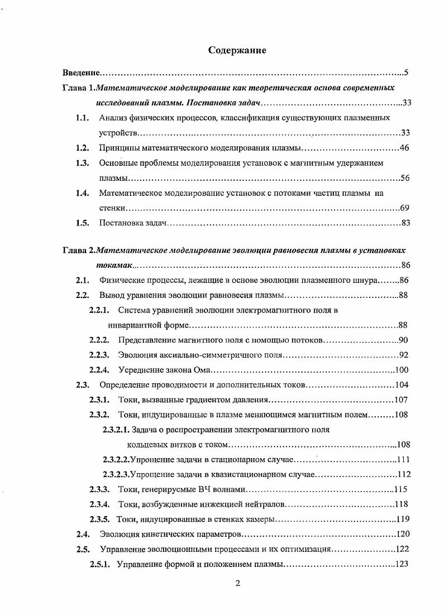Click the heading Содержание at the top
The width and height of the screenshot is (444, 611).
(237, 51)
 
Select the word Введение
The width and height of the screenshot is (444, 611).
(80, 73)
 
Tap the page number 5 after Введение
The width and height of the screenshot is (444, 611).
(407, 73)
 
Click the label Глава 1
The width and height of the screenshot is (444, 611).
(78, 88)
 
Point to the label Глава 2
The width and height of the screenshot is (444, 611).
(78, 251)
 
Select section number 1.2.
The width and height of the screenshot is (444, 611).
(83, 148)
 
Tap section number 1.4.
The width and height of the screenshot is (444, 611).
(83, 194)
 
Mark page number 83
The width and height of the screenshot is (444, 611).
(405, 223)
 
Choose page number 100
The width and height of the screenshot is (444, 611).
(402, 370)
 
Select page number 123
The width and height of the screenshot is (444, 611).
(403, 564)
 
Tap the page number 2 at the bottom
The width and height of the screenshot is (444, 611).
(237, 584)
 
